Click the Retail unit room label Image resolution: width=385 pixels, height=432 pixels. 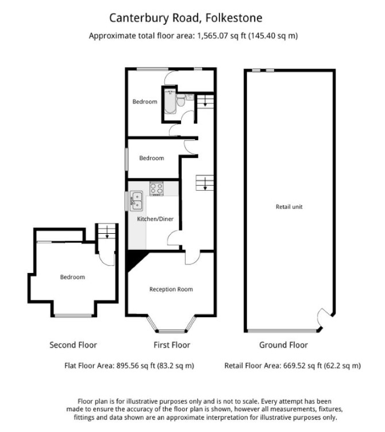click(289, 207)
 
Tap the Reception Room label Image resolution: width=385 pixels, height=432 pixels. click(171, 290)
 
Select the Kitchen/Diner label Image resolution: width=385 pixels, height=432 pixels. click(155, 219)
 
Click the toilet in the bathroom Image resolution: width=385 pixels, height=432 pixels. click(181, 100)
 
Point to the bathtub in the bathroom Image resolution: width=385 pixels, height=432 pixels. click(170, 101)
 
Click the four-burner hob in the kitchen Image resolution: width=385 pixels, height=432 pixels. click(156, 188)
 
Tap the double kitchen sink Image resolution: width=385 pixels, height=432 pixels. click(136, 201)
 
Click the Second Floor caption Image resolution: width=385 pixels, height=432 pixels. click(74, 345)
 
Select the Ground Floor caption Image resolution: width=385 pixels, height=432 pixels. click(284, 345)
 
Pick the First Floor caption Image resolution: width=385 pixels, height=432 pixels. click(172, 345)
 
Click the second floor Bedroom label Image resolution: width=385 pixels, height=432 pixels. click(72, 277)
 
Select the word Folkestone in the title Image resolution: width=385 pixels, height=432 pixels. click(234, 18)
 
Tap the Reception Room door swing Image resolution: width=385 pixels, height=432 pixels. click(192, 258)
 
